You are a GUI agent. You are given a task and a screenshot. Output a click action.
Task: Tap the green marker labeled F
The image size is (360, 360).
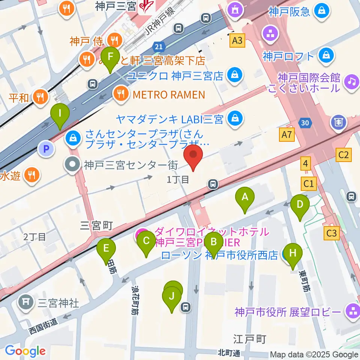[x=110, y=57]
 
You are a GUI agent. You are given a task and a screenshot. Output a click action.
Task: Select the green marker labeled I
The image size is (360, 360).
[x=60, y=113]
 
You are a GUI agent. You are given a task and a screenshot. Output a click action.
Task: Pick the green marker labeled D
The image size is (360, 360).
[x=300, y=205]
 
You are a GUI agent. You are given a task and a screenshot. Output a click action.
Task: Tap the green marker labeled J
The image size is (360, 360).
[x=172, y=297]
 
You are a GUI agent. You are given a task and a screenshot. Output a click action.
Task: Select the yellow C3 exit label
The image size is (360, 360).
[x=332, y=233]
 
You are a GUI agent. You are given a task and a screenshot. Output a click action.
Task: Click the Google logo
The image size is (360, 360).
[x=25, y=351]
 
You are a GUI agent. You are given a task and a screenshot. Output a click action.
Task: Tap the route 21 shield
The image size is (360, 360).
[x=159, y=46]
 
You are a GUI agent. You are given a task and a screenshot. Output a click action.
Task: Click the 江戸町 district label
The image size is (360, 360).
[x=249, y=339]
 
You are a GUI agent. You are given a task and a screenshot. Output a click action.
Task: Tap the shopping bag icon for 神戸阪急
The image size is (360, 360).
[x=322, y=11]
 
